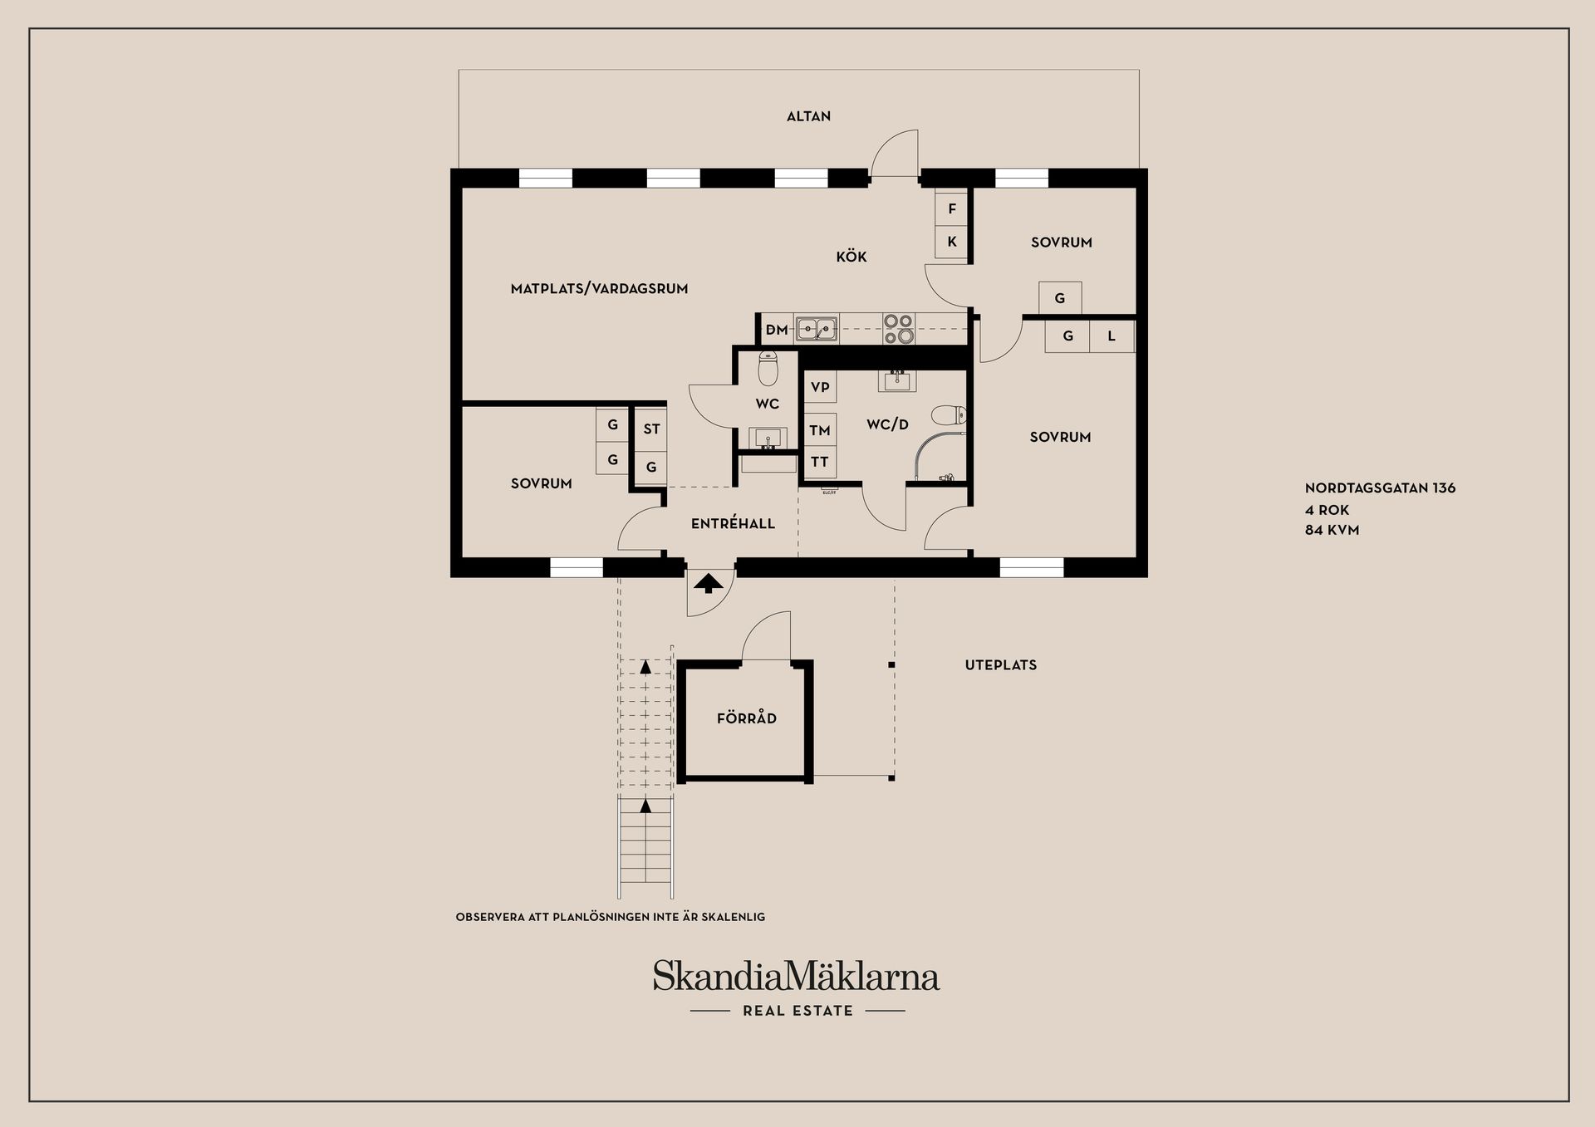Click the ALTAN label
pyautogui.click(x=808, y=116)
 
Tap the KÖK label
pyautogui.click(x=851, y=257)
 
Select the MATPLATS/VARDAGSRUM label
pyautogui.click(x=599, y=289)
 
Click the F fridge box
pyautogui.click(x=952, y=208)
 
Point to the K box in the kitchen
pyautogui.click(x=952, y=242)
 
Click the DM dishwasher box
pyautogui.click(x=777, y=330)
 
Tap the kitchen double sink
pyautogui.click(x=817, y=330)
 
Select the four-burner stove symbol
pyautogui.click(x=898, y=329)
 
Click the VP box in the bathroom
pyautogui.click(x=820, y=387)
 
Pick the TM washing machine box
pyautogui.click(x=820, y=430)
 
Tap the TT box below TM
pyautogui.click(x=820, y=462)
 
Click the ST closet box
pyautogui.click(x=651, y=429)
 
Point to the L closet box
pyautogui.click(x=1112, y=336)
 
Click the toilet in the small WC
pyautogui.click(x=768, y=369)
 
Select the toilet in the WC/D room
pyautogui.click(x=949, y=414)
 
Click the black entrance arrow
pyautogui.click(x=708, y=583)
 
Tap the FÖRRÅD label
pyautogui.click(x=747, y=718)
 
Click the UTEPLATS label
pyautogui.click(x=1001, y=665)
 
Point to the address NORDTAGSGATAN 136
pyautogui.click(x=1380, y=488)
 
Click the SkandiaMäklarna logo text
pyautogui.click(x=796, y=976)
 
